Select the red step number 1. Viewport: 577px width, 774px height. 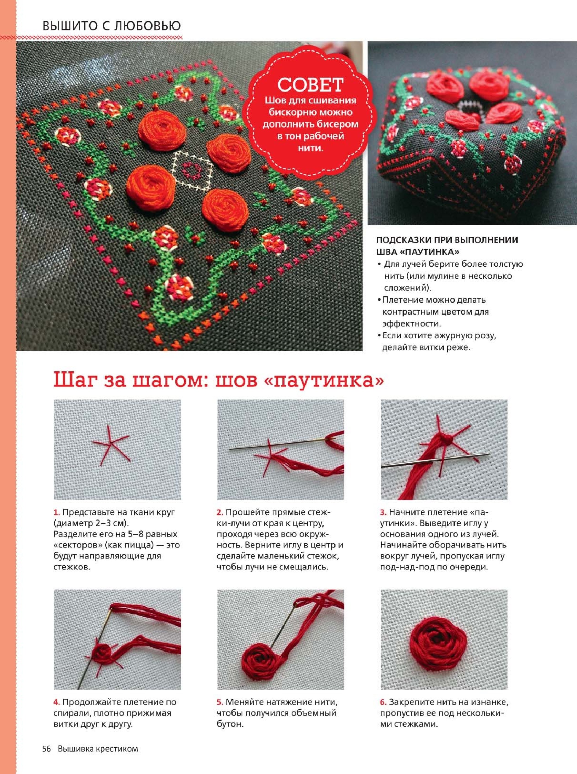point(56,513)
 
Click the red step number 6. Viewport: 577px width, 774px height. point(383,673)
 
